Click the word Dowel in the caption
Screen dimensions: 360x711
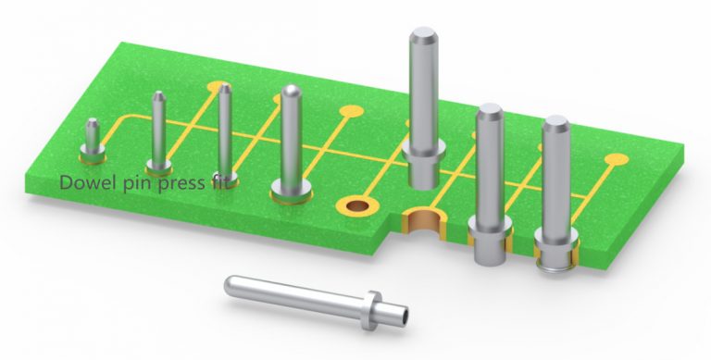[x=83, y=183]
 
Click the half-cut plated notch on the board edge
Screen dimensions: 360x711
[x=425, y=221]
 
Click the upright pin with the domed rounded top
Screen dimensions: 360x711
[x=290, y=139]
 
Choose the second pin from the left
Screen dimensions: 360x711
[x=160, y=130]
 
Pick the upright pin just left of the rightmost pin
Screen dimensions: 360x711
[x=488, y=180]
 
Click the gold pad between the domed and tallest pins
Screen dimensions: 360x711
[x=350, y=112]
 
